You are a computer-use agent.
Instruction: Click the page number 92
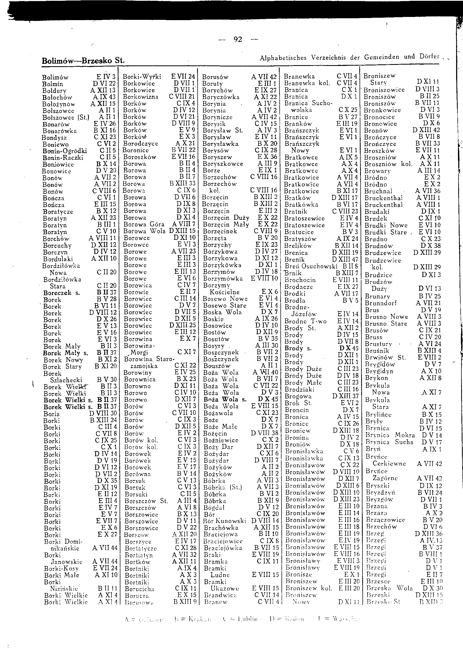pyautogui.click(x=238, y=39)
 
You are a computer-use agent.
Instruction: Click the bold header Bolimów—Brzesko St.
pyautogui.click(x=83, y=61)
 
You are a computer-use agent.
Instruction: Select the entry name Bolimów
pyautogui.click(x=55, y=77)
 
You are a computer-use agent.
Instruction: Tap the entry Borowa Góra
pyautogui.click(x=144, y=224)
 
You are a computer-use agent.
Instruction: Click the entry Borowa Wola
pyautogui.click(x=144, y=231)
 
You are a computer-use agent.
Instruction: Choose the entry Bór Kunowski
pyautogui.click(x=225, y=521)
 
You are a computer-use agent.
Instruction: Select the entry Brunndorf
pyautogui.click(x=381, y=303)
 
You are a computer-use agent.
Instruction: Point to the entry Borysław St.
pyautogui.click(x=223, y=130)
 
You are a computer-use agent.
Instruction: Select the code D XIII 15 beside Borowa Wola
pyautogui.click(x=182, y=231)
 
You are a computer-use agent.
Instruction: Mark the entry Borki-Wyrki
pyautogui.click(x=142, y=77)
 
